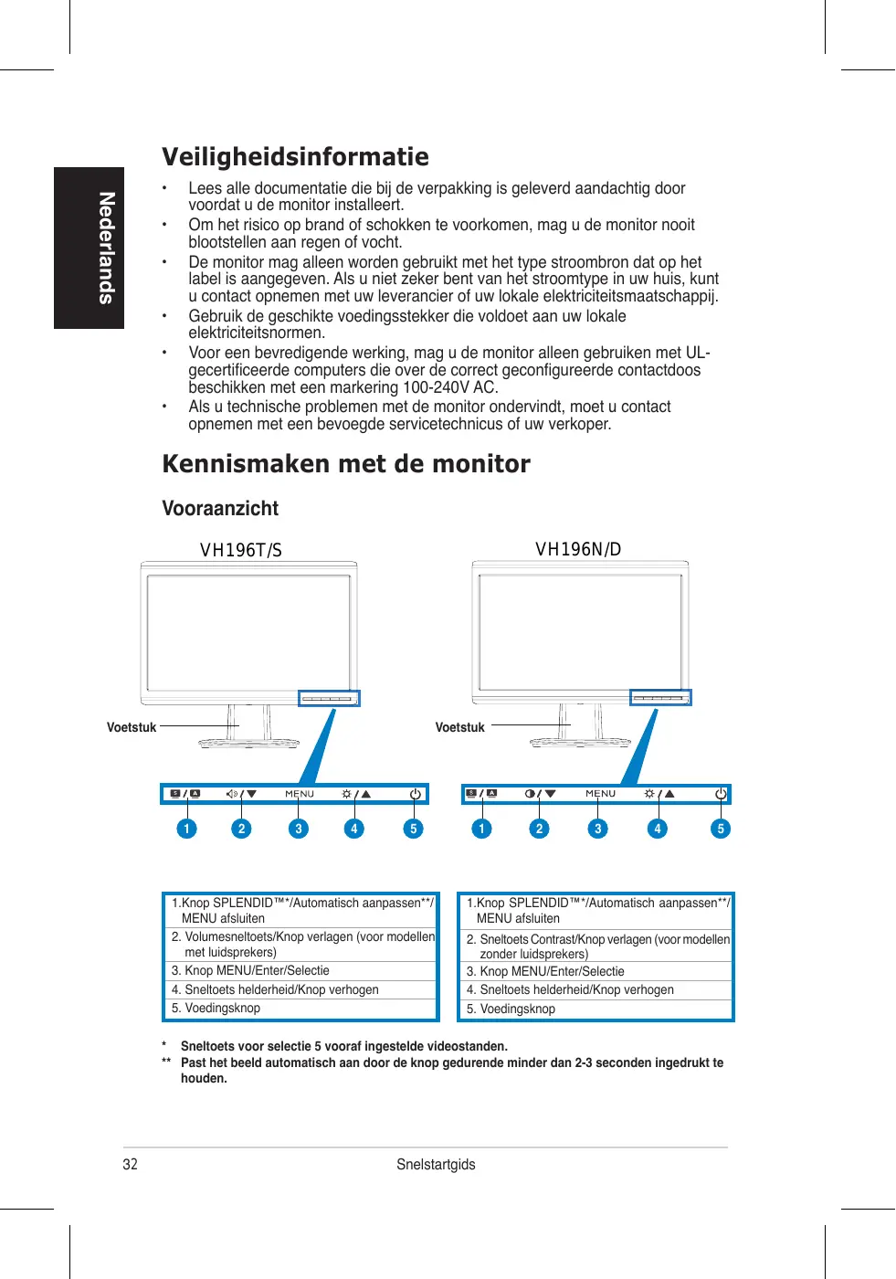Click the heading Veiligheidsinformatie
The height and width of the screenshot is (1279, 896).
(x=295, y=157)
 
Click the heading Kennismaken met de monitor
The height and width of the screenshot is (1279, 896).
(x=345, y=464)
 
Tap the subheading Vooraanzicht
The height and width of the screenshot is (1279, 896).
(x=220, y=509)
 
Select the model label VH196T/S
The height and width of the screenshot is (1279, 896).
(x=241, y=550)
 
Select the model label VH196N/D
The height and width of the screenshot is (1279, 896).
(x=578, y=549)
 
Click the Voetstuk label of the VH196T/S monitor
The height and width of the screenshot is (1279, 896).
(x=132, y=728)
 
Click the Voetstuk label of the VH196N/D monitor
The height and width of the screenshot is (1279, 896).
(x=459, y=728)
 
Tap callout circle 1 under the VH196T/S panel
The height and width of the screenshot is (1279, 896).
(x=186, y=829)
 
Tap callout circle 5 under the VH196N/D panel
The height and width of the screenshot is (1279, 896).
(x=721, y=829)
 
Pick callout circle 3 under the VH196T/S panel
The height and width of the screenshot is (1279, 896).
(x=298, y=829)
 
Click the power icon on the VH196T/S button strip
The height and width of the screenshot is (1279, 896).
(x=416, y=794)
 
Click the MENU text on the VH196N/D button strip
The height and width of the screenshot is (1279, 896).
(x=600, y=794)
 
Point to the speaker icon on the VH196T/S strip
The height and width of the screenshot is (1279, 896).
(x=232, y=794)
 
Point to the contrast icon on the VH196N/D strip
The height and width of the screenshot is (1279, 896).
(x=531, y=794)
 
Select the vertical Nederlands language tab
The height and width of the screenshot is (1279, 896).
(x=90, y=248)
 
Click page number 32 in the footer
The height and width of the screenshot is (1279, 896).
(x=131, y=1164)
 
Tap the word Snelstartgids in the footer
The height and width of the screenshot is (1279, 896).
(x=436, y=1164)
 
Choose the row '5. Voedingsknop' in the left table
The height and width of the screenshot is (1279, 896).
(x=224, y=1009)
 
